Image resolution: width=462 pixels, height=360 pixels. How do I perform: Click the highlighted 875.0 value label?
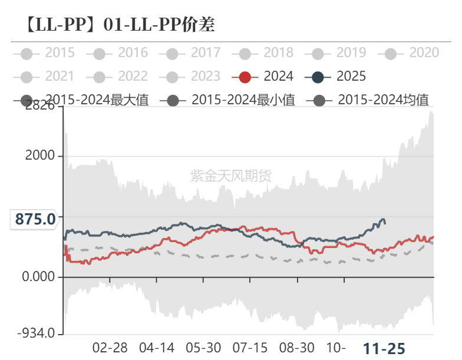pos(35,219)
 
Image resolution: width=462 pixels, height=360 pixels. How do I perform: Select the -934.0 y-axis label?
pos(35,334)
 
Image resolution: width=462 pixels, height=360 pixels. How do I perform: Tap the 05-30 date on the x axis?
pos(203,348)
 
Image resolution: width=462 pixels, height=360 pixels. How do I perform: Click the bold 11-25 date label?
pos(384,348)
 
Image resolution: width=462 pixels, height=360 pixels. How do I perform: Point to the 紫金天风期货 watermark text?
pos(231,175)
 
